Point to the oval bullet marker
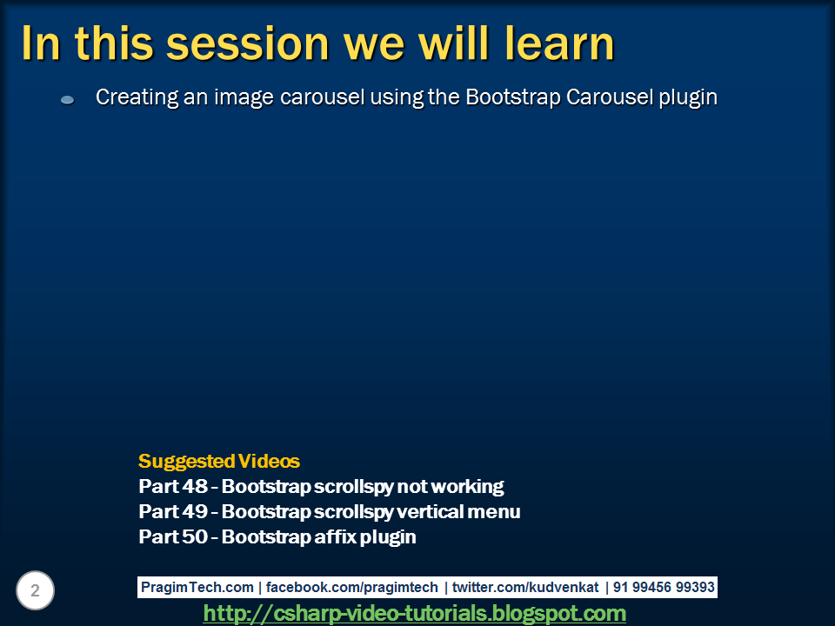[67, 100]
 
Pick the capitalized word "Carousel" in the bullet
[607, 97]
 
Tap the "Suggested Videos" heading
[219, 461]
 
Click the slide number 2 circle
[35, 591]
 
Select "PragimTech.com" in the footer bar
[197, 588]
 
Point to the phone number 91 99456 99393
[663, 588]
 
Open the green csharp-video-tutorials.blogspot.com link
[415, 614]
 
